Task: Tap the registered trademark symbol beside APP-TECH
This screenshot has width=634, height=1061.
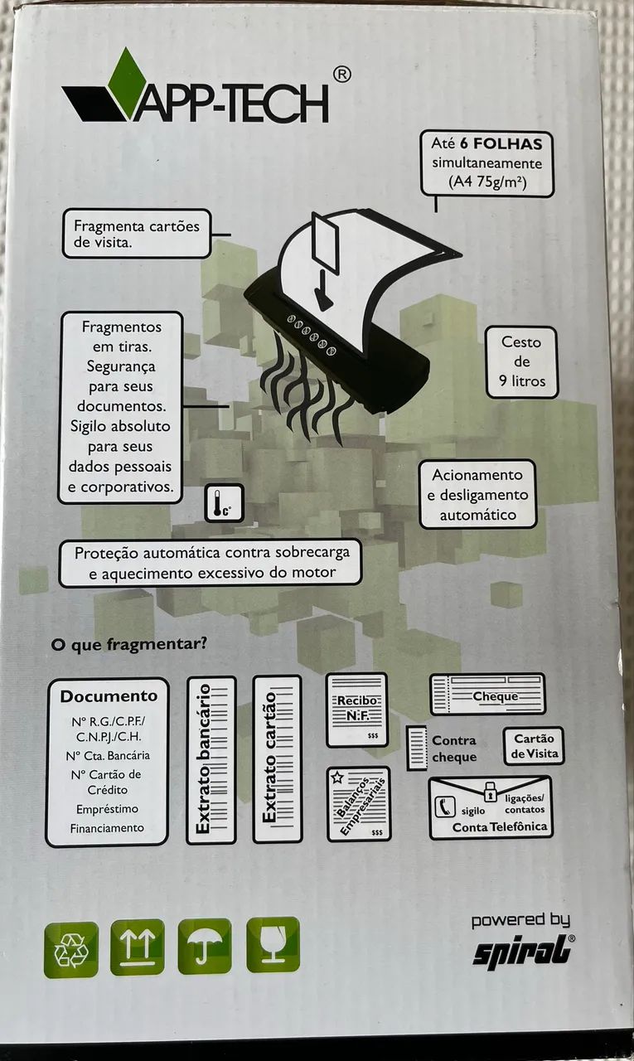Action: tap(342, 75)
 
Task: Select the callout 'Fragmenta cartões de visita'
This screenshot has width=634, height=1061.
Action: tap(137, 234)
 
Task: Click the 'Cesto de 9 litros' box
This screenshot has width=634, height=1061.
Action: tap(521, 362)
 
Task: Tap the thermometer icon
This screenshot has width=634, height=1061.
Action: tap(224, 503)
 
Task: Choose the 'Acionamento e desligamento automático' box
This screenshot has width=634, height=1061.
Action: tap(477, 495)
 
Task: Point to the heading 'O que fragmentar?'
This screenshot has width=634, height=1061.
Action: tap(128, 645)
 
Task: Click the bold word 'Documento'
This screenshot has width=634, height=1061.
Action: tap(109, 696)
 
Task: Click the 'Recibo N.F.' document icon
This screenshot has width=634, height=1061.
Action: tap(357, 710)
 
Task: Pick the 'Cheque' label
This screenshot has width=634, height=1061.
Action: tap(496, 696)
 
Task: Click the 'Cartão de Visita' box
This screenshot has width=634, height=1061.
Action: tap(534, 746)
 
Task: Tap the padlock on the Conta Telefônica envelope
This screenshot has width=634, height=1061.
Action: tap(490, 801)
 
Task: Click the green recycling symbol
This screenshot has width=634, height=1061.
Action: tap(71, 949)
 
